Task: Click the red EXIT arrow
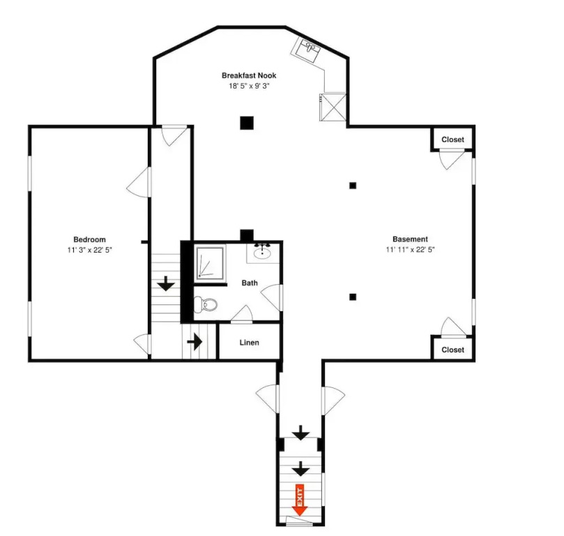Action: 300,500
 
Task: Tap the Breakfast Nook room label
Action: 249,75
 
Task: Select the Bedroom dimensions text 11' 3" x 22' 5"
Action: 89,250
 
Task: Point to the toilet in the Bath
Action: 206,305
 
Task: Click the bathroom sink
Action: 263,253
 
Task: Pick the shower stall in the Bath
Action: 210,264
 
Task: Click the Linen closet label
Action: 250,343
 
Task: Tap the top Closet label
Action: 452,140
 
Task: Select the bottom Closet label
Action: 452,350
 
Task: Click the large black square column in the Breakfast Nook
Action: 247,123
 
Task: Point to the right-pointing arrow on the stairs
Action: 195,341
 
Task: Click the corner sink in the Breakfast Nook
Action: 307,50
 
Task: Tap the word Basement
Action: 410,239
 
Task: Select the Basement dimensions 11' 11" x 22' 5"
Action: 410,249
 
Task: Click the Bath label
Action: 250,283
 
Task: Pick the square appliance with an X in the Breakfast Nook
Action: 333,107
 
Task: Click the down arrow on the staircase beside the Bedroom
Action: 166,283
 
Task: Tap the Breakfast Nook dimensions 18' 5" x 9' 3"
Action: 249,86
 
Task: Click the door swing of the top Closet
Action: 452,160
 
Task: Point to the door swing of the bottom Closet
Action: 453,327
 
